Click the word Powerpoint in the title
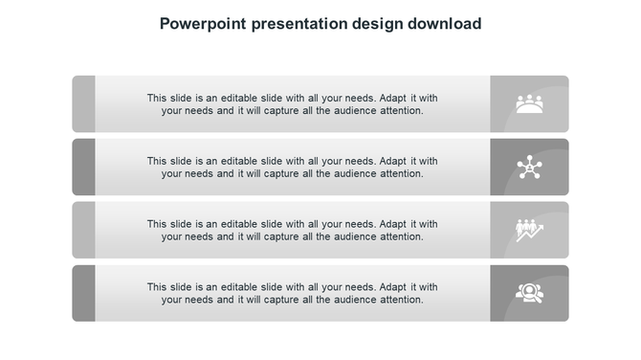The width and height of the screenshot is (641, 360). tap(199, 24)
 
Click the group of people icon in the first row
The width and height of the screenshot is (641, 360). tap(529, 103)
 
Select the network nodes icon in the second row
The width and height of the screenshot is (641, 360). tap(529, 168)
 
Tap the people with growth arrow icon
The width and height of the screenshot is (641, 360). tap(529, 230)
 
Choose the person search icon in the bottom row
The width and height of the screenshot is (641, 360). tap(529, 292)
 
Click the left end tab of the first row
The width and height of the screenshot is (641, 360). tap(83, 103)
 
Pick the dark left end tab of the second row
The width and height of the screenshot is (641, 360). tap(83, 167)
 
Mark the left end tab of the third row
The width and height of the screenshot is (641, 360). tap(83, 230)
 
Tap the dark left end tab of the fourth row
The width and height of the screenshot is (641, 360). tap(83, 293)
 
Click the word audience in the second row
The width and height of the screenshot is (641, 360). tap(355, 173)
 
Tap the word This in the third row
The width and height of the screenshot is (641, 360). tap(158, 224)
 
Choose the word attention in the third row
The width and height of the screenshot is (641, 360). tap(402, 236)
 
